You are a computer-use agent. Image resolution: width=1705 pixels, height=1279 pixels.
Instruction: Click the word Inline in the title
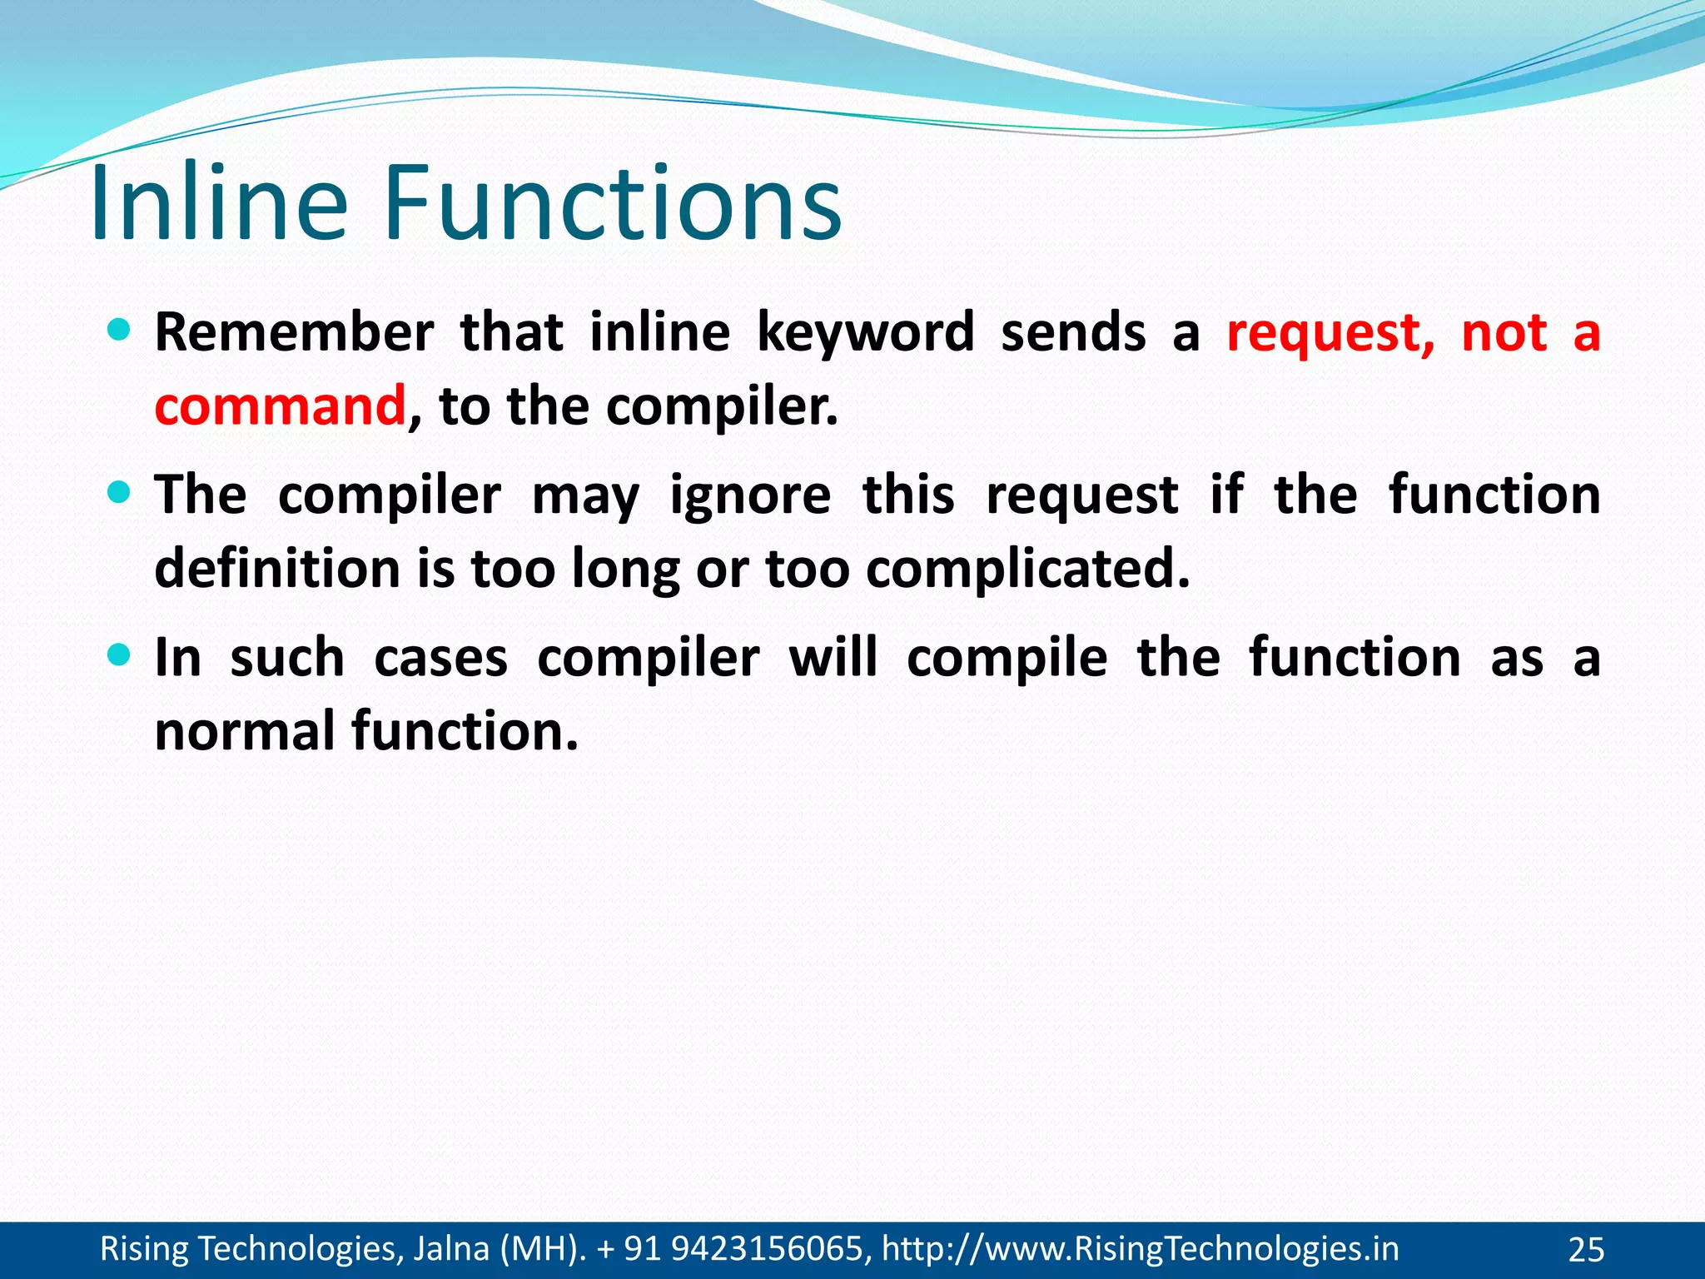click(218, 204)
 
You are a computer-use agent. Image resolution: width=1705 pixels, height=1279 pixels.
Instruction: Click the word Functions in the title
click(612, 204)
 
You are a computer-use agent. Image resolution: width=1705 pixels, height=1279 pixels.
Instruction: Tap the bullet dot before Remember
click(120, 331)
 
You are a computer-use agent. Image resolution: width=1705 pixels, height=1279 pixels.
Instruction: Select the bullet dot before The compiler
click(120, 493)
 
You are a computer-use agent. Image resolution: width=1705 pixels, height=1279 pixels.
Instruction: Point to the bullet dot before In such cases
click(120, 655)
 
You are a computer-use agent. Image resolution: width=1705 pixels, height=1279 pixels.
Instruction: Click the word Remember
click(294, 332)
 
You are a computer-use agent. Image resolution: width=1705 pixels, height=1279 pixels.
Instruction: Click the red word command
click(280, 406)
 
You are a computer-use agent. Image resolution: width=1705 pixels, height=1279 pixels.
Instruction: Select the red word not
click(1504, 332)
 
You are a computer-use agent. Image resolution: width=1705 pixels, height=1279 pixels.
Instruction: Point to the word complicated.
click(1027, 570)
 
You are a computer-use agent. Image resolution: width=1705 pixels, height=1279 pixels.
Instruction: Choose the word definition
click(278, 569)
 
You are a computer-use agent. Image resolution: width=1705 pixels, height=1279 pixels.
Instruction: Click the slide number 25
click(1585, 1250)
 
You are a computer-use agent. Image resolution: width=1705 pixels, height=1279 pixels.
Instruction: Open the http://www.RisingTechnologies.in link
click(1140, 1249)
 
